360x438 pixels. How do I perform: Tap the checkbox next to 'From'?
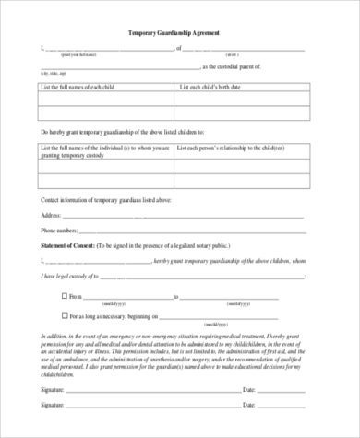coord(65,296)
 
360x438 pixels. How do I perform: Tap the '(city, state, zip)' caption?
coord(54,73)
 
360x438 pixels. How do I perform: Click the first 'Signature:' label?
coord(54,391)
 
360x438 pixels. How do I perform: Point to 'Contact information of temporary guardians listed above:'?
coord(106,198)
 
